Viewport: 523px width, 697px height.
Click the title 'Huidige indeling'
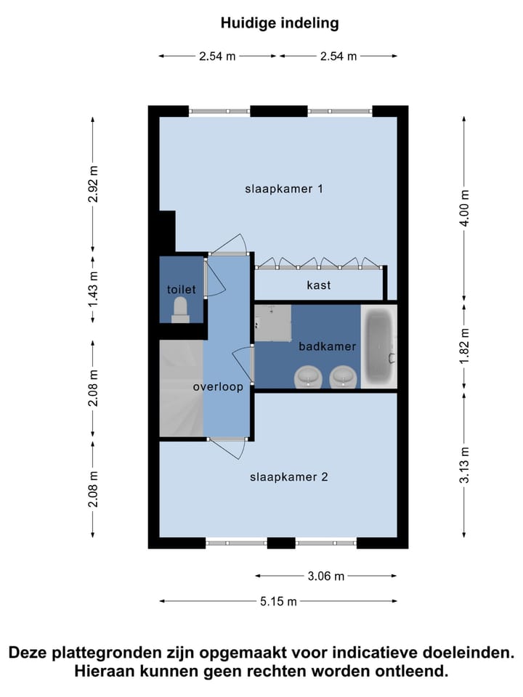pyautogui.click(x=280, y=23)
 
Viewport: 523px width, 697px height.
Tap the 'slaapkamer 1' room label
pyautogui.click(x=283, y=189)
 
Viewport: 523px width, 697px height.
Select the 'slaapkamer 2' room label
pyautogui.click(x=289, y=477)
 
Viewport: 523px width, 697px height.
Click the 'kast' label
pyautogui.click(x=318, y=285)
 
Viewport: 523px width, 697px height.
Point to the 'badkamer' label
pyautogui.click(x=327, y=346)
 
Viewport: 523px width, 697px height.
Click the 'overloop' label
pyautogui.click(x=217, y=387)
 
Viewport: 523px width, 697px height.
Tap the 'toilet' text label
pyautogui.click(x=181, y=290)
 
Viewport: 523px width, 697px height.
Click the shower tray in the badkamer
pyautogui.click(x=272, y=322)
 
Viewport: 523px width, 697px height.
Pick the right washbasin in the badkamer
pyautogui.click(x=343, y=377)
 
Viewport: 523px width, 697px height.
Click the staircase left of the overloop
pyautogui.click(x=181, y=388)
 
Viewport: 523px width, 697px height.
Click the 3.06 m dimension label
pyautogui.click(x=325, y=576)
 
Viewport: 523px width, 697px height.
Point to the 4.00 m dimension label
pyautogui.click(x=466, y=208)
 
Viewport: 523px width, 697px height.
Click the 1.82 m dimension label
pyautogui.click(x=466, y=347)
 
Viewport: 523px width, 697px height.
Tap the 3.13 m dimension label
pyautogui.click(x=466, y=465)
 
